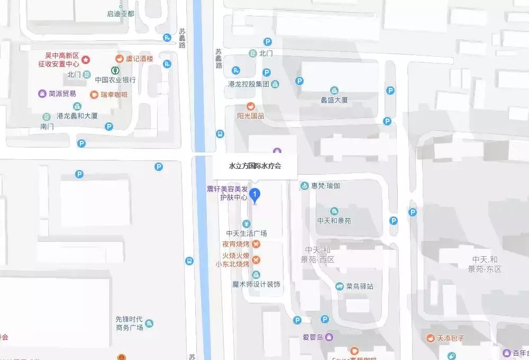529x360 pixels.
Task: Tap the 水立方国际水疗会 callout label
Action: [254, 166]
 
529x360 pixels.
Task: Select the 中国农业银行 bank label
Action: [115, 79]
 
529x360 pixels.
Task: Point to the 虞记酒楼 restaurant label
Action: [139, 59]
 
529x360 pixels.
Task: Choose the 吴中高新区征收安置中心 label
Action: [62, 60]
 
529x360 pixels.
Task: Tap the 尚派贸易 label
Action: [62, 94]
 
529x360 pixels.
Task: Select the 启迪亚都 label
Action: [121, 13]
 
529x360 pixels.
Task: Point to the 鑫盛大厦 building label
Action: [334, 100]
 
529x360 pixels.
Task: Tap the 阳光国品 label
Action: [251, 116]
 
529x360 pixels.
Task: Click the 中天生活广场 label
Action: [246, 233]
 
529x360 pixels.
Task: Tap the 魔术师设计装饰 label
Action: [256, 284]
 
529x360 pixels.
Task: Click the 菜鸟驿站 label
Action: [360, 286]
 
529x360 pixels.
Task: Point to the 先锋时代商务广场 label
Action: [130, 323]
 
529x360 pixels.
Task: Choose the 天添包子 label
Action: [450, 337]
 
